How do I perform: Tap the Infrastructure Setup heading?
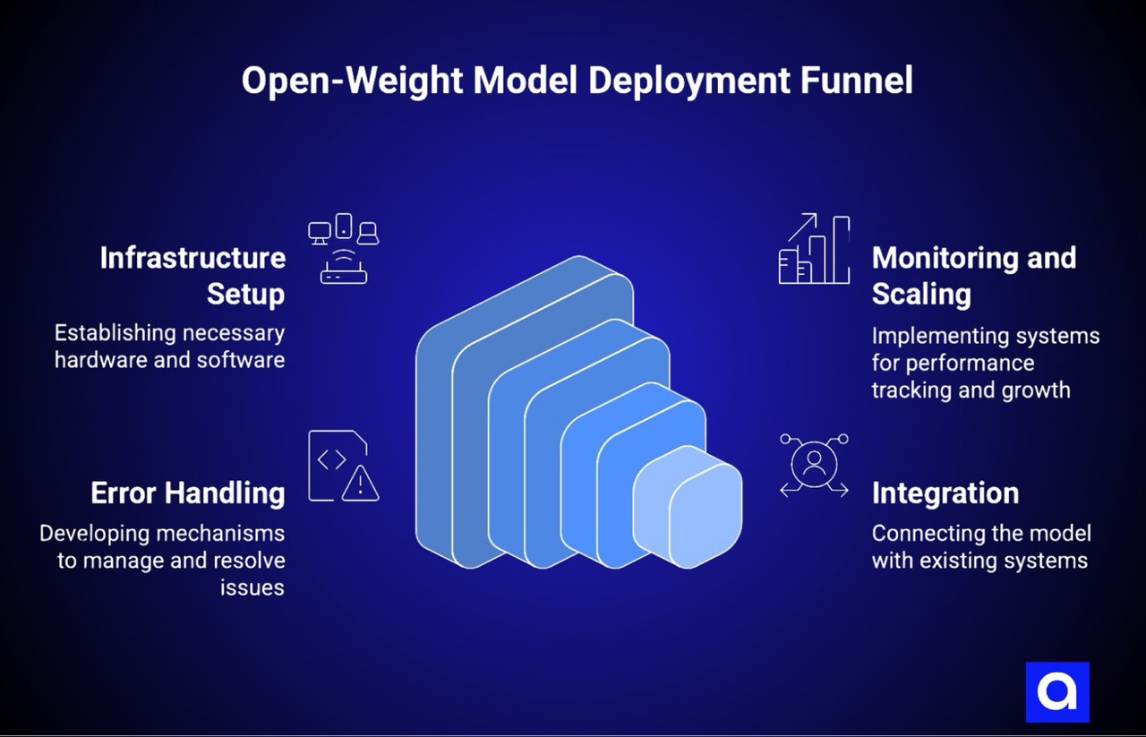192,275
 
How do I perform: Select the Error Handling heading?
188,493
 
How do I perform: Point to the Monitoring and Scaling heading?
973,275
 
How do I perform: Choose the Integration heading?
945,493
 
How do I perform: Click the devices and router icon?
344,248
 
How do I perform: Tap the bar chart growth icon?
814,249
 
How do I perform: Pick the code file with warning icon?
343,466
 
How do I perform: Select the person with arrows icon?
814,465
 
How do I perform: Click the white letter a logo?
1057,692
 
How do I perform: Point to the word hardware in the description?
91,360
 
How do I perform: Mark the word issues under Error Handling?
252,587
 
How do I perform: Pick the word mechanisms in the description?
222,534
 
